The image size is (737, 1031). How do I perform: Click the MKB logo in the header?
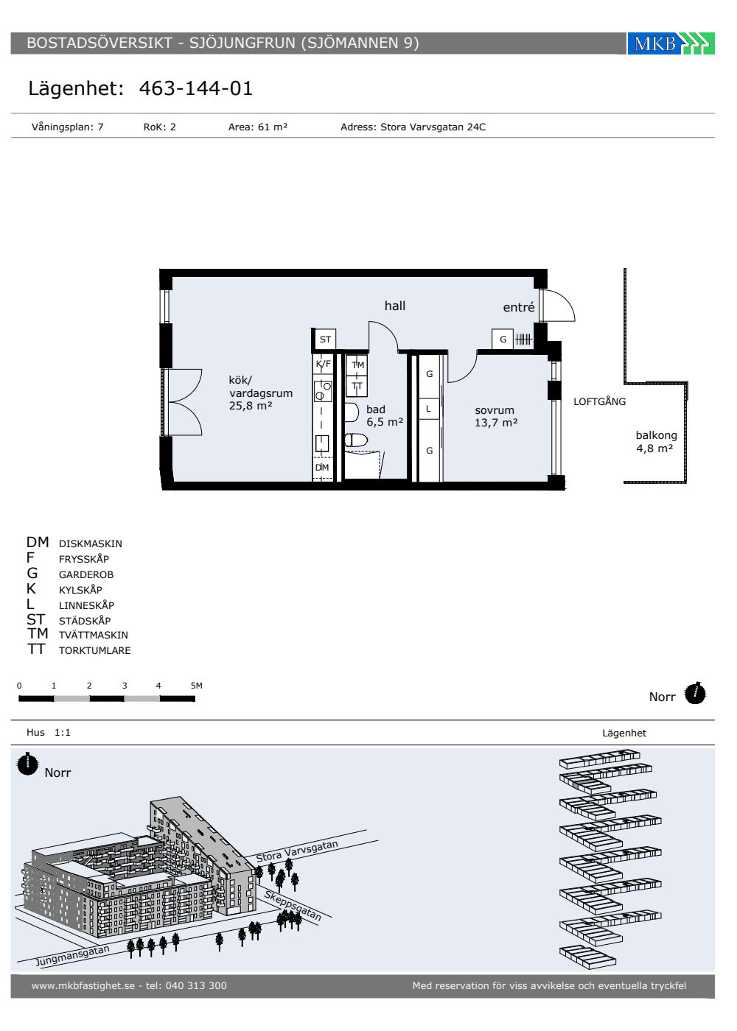(671, 43)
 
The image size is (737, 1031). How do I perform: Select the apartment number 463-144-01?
(196, 88)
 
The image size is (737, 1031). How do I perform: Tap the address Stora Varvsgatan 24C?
(433, 127)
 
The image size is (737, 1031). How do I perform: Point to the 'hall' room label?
(395, 306)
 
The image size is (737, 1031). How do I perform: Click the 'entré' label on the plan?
(519, 307)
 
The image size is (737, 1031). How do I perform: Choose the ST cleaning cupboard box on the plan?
(325, 339)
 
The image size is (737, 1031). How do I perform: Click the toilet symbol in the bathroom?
(356, 440)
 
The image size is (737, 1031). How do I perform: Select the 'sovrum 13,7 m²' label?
(496, 416)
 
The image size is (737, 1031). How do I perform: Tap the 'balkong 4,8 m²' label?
(656, 442)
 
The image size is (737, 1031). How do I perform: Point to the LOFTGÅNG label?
(599, 401)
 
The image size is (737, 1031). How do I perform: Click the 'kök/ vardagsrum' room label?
(260, 387)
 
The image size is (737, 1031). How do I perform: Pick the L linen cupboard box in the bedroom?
(429, 409)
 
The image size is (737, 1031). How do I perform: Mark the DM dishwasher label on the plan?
(322, 467)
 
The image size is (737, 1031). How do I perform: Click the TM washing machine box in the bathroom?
(357, 365)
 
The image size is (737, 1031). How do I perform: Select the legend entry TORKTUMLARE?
(94, 650)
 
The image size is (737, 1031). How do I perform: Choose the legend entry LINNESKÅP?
(86, 605)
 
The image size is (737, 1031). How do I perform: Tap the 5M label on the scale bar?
(196, 686)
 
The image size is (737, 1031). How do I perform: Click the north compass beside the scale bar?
(695, 693)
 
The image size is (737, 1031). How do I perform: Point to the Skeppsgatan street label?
(293, 906)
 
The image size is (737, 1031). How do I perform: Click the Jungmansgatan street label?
(73, 956)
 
